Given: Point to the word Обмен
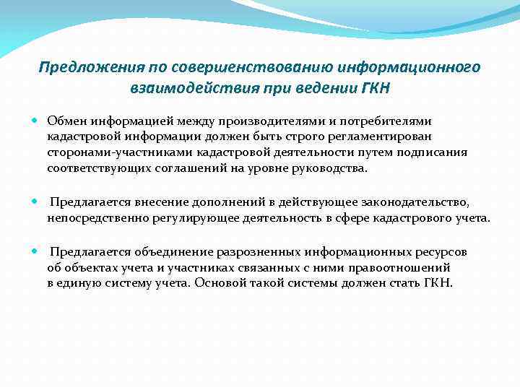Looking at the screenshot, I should pos(66,121).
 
